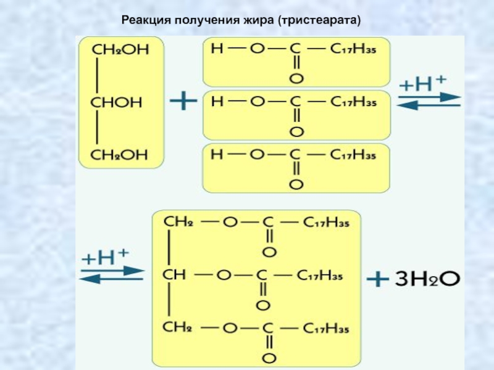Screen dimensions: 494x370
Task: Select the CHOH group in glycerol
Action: click(117, 102)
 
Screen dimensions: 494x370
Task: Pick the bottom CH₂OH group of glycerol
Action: click(120, 155)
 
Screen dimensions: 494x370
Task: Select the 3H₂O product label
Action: click(427, 279)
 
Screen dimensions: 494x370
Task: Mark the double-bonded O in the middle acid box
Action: click(296, 131)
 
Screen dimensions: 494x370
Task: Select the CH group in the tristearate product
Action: click(174, 274)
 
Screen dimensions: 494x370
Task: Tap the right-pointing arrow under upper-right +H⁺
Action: click(429, 97)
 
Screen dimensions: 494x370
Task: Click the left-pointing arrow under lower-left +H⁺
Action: click(111, 279)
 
